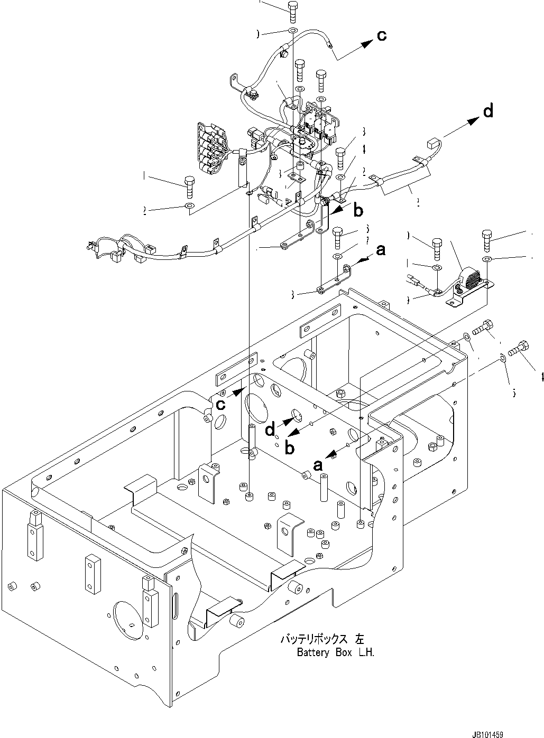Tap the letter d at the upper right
click(x=488, y=111)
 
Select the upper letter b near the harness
click(x=358, y=211)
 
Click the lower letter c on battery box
click(x=221, y=404)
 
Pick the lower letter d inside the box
click(x=271, y=431)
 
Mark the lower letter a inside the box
click(x=318, y=464)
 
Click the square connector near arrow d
click(x=433, y=143)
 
